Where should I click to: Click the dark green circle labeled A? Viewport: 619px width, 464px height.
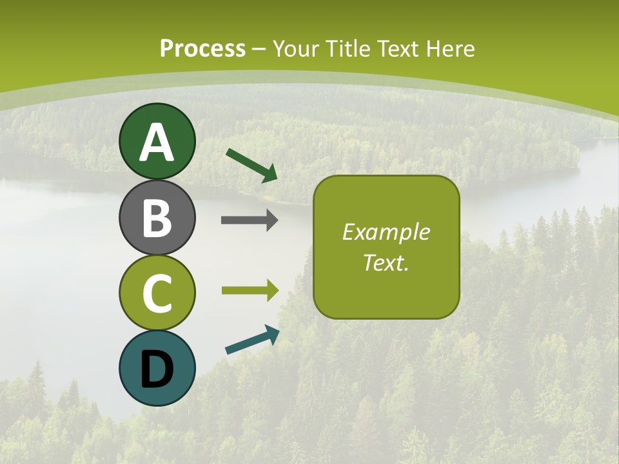pos(157,141)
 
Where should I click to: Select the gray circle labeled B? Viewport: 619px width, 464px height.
pos(157,217)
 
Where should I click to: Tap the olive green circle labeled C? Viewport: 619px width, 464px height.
pos(157,293)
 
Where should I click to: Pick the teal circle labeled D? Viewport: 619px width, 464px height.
pos(157,368)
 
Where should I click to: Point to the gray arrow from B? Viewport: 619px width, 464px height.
pos(250,220)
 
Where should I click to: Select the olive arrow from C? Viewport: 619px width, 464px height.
pos(250,290)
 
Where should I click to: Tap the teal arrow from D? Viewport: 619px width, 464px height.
pos(252,340)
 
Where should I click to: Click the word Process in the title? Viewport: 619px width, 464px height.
pos(202,49)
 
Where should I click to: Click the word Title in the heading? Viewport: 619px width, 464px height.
pos(347,49)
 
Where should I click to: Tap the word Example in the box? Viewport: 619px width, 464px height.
pos(386,232)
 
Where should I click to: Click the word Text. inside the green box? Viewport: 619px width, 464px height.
pos(386,262)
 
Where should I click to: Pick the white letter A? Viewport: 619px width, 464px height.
pos(157,142)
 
